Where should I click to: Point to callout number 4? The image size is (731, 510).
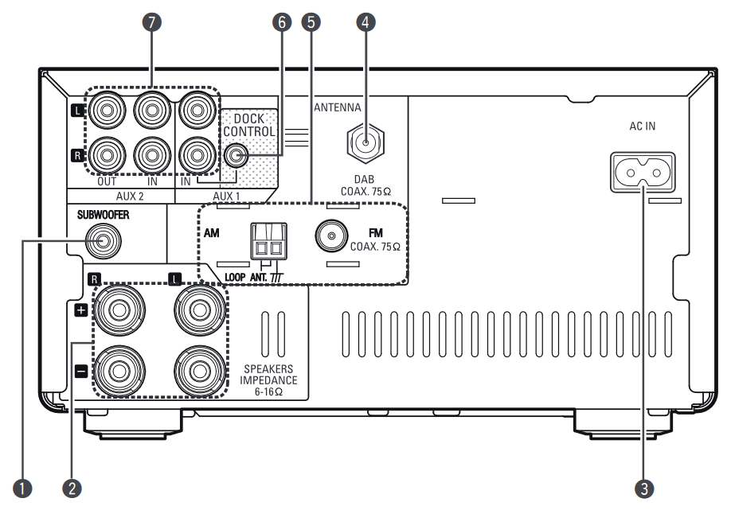coord(365,22)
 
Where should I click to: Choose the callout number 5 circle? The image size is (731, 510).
coord(312,22)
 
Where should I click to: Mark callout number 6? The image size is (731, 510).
coord(280,22)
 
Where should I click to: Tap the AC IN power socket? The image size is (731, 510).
coord(642,171)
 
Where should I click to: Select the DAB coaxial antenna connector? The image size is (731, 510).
coord(365,143)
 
